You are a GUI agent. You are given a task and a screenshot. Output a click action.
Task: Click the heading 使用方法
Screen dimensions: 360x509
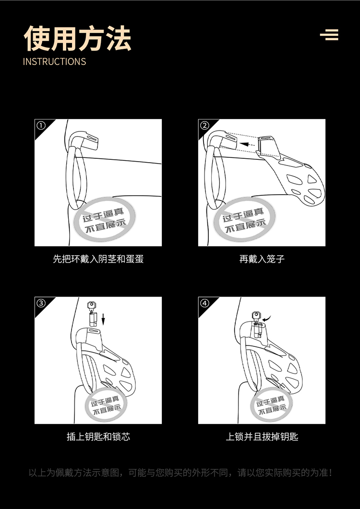[x=78, y=38]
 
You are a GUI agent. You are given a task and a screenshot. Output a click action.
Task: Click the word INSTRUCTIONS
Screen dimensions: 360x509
[x=54, y=61]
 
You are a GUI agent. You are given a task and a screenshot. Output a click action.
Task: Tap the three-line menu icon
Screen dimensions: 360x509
[x=329, y=35]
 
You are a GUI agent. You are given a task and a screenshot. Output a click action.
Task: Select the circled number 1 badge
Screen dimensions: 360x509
[x=41, y=126]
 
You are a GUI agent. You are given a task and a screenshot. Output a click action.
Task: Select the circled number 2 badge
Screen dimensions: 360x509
[x=204, y=126]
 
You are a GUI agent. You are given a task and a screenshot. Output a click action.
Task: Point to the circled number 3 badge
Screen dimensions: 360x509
[x=41, y=303]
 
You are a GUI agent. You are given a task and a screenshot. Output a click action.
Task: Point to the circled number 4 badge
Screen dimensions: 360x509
[x=204, y=303]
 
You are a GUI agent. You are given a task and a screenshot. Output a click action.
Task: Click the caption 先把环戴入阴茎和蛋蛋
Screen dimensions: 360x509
[x=98, y=259]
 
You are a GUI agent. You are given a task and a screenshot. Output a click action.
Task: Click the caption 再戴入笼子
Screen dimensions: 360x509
[x=262, y=259]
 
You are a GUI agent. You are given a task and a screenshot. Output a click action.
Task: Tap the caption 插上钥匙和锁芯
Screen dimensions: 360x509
[x=98, y=437]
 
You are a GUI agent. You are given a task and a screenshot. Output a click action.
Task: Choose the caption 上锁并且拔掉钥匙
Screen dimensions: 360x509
[x=262, y=437]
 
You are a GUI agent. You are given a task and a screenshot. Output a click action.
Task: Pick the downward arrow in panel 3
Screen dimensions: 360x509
[x=103, y=319]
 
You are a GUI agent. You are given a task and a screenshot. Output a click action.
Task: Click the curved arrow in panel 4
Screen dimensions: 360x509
[x=267, y=319]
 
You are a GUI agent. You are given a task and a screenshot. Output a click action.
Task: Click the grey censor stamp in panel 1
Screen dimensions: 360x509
[x=105, y=219]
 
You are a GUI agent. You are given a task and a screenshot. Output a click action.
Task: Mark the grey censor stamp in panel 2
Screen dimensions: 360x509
[x=244, y=219]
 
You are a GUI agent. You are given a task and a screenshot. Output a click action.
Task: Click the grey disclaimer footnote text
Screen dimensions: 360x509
[x=180, y=473]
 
